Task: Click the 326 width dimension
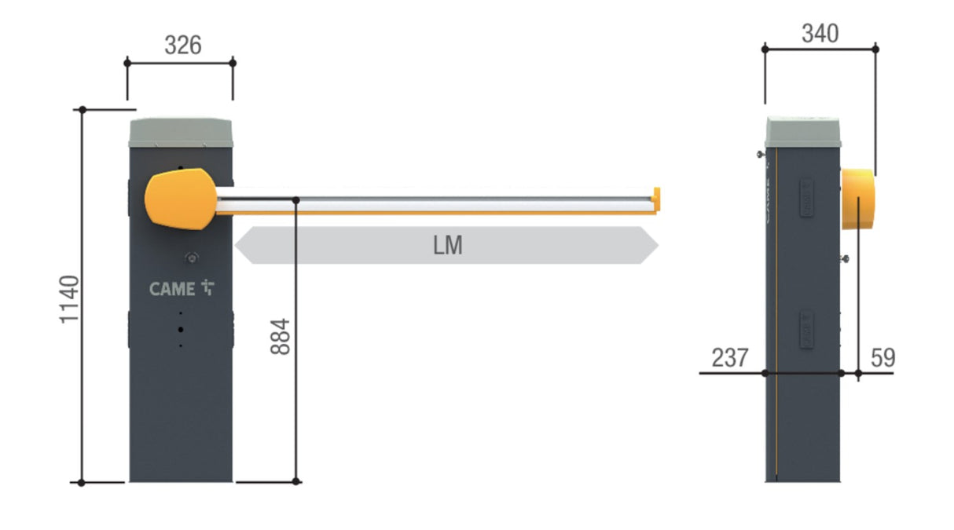[x=182, y=46]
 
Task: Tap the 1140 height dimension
[x=71, y=299]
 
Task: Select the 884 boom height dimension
[x=281, y=336]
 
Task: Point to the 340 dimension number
[x=820, y=34]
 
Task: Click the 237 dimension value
[x=730, y=358]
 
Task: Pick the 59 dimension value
[x=883, y=358]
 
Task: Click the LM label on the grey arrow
[x=447, y=246]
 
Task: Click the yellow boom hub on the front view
[x=179, y=199]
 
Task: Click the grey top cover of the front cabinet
[x=181, y=133]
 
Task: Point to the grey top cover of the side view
[x=802, y=133]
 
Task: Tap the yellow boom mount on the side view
[x=858, y=199]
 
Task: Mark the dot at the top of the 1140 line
[x=82, y=110]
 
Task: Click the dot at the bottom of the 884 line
[x=296, y=481]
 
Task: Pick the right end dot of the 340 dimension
[x=875, y=49]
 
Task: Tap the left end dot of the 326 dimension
[x=127, y=61]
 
